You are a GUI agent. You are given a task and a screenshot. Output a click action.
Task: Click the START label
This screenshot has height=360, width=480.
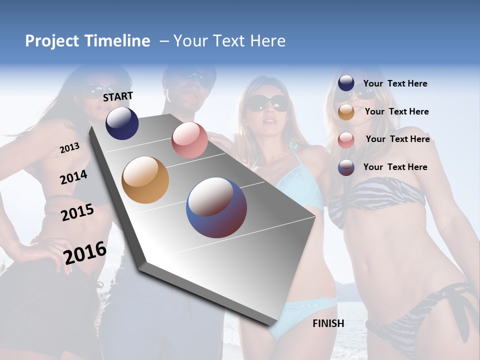point(118,96)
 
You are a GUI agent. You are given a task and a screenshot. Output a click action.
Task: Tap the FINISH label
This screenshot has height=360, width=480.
point(328,323)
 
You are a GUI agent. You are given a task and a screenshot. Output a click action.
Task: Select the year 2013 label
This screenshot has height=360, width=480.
point(69,148)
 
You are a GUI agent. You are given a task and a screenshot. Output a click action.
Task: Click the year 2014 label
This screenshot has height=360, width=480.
point(74,177)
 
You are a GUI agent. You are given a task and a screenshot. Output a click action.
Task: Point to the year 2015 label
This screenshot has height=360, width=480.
point(77,212)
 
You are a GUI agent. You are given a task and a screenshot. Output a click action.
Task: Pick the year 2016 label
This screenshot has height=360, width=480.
point(85,253)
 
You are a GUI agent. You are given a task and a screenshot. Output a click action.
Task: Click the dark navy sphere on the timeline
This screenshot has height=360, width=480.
point(122,123)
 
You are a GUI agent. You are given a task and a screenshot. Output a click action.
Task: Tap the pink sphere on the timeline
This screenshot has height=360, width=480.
point(189,140)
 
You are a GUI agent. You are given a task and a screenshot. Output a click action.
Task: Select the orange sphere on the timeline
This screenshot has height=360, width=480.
point(145,180)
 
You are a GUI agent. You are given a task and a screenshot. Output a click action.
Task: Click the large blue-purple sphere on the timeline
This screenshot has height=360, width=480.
point(216,207)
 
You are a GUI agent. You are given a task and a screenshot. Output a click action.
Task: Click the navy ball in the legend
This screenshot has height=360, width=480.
point(346,83)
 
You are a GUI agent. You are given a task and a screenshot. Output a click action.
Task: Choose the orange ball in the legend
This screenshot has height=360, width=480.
point(346,112)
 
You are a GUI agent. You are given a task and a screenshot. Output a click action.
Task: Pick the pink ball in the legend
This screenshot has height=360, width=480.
point(346,140)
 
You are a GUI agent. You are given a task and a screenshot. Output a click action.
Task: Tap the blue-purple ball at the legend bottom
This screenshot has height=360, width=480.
point(346,167)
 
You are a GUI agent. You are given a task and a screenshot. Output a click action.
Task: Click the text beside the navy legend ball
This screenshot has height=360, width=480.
point(395,83)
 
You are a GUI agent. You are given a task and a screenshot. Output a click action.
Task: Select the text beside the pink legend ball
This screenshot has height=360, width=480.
point(397,139)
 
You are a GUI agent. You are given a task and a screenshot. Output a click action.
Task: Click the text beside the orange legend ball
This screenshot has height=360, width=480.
point(396,111)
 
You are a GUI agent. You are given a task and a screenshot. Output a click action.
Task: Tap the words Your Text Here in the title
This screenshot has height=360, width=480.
point(229,41)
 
